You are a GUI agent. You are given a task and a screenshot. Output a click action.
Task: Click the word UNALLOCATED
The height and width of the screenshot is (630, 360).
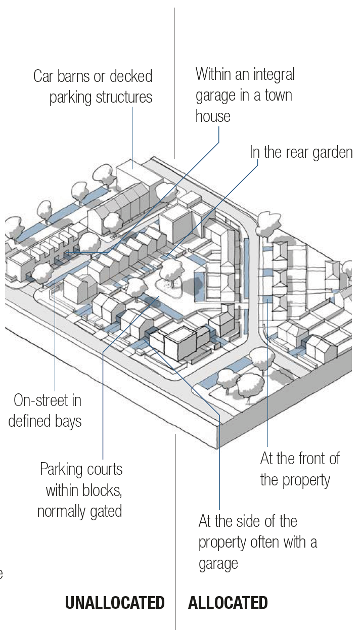click(x=115, y=603)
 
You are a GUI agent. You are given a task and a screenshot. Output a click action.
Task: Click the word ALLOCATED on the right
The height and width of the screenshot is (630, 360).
click(x=228, y=603)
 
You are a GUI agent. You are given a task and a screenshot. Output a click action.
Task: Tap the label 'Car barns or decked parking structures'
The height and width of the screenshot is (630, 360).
click(x=93, y=86)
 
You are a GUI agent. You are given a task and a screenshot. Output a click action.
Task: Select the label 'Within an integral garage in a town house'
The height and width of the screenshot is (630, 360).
click(x=245, y=95)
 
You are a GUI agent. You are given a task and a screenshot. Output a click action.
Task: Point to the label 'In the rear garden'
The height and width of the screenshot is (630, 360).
click(x=301, y=152)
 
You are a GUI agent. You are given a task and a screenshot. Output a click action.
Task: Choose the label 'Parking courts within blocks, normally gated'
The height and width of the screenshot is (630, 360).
click(x=80, y=489)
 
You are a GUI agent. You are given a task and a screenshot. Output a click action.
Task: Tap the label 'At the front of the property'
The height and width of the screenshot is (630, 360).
click(x=299, y=469)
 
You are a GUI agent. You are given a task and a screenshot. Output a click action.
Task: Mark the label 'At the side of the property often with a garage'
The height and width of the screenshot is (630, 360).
click(x=257, y=542)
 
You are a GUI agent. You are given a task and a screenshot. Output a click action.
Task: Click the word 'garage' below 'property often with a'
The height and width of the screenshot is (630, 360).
click(x=218, y=563)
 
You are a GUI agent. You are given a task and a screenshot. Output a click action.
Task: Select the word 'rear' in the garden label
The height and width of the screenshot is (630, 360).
click(x=288, y=152)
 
